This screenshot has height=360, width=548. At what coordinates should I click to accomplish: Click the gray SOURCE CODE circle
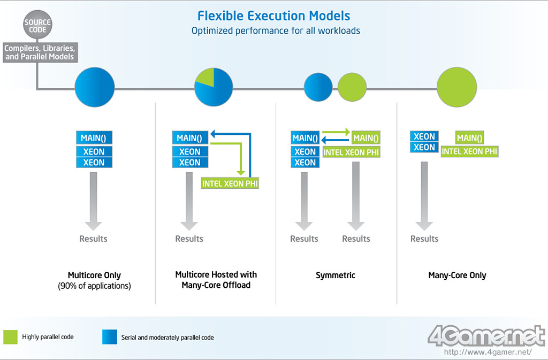[38, 26]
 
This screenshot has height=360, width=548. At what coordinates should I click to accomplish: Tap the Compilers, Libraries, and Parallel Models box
[39, 52]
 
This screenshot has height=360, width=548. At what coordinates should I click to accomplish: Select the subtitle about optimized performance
[276, 30]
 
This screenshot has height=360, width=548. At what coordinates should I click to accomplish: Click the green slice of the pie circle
[206, 77]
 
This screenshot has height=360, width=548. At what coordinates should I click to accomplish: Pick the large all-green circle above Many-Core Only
[456, 87]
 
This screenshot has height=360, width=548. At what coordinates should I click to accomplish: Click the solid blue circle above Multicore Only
[95, 87]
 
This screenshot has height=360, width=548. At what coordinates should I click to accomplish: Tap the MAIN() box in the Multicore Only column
[94, 137]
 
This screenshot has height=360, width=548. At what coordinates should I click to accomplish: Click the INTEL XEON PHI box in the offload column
[233, 183]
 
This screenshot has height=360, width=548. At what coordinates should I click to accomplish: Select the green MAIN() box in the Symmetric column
[366, 138]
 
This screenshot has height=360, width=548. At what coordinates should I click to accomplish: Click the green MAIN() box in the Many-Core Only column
[469, 138]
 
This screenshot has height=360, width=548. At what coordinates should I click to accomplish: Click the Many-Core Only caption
[457, 275]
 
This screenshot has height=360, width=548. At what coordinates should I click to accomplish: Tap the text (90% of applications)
[94, 286]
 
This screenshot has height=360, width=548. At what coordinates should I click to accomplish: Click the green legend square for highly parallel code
[11, 337]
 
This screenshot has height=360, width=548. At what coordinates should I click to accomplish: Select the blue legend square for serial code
[109, 337]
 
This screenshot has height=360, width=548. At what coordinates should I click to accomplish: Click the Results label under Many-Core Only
[424, 239]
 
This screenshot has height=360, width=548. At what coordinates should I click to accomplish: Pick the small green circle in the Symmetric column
[352, 87]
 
